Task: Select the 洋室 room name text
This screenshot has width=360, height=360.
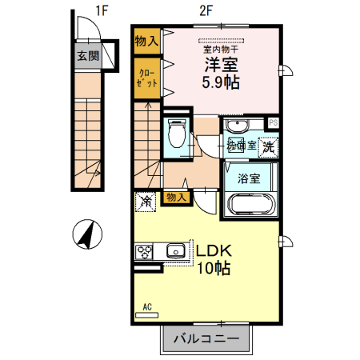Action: tap(220, 65)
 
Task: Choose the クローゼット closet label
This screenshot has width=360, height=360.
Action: tap(146, 79)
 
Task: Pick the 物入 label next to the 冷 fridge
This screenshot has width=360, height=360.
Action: tap(176, 197)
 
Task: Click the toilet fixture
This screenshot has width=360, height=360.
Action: tap(177, 134)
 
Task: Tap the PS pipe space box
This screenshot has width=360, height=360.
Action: tap(273, 122)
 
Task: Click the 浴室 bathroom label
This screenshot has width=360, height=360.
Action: tap(248, 178)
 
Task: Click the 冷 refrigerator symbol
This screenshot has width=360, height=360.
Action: tap(146, 201)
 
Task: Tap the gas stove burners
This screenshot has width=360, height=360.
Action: tap(145, 252)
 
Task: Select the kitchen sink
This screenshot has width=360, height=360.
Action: tap(175, 252)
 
